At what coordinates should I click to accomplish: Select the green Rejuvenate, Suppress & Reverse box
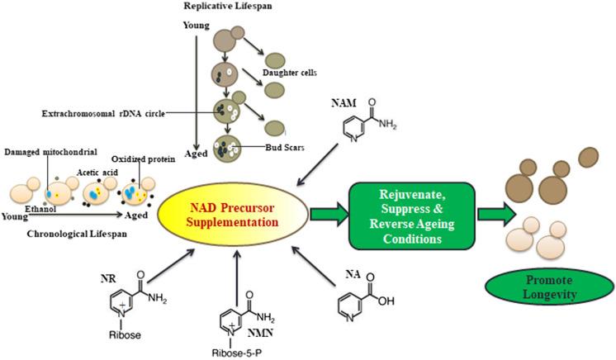click(x=402, y=213)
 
